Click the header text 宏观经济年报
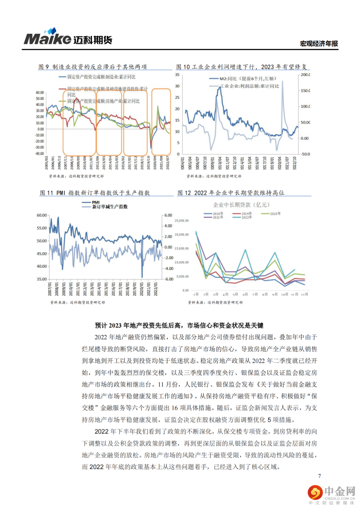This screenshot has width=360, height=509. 319,43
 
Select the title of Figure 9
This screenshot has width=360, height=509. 93,67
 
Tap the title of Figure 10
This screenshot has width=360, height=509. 241,67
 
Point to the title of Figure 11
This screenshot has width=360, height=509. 95,193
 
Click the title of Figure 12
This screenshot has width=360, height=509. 231,193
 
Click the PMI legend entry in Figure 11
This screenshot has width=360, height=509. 96,202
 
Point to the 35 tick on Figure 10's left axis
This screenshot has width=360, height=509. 177,75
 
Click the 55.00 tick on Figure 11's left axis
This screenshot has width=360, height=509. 42,228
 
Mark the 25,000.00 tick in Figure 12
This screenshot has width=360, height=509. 182,221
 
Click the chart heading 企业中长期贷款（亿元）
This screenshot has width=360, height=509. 241,205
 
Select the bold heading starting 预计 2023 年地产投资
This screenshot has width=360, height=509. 179,325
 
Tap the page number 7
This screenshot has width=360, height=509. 319,476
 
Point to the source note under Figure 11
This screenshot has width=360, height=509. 78,302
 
